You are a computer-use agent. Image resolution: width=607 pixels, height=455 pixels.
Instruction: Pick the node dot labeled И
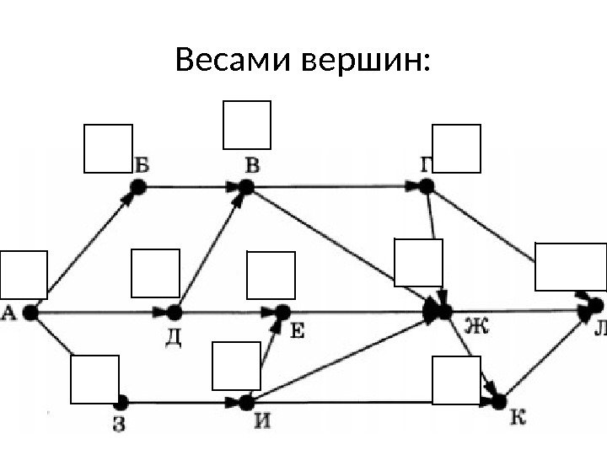click(246, 403)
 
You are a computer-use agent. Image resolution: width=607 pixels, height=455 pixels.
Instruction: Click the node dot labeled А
click(31, 313)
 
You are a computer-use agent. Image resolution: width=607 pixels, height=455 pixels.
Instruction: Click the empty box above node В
click(246, 125)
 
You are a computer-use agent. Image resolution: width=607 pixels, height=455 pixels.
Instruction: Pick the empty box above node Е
click(271, 275)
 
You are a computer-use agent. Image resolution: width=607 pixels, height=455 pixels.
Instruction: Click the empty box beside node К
click(456, 381)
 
